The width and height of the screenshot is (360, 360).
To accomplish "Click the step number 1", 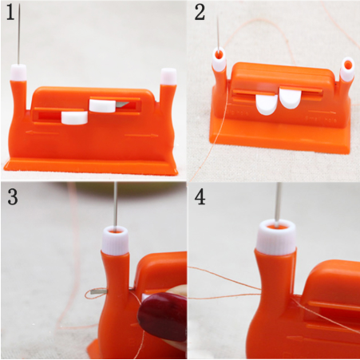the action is tap(11, 13).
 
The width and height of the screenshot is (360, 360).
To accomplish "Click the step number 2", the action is tap(200, 13).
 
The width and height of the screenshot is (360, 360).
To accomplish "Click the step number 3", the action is tap(13, 197).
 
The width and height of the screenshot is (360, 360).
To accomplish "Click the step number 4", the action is tap(200, 197).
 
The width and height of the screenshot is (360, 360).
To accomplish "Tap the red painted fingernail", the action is tap(163, 316).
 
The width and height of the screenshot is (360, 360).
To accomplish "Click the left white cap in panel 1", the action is tap(18, 73).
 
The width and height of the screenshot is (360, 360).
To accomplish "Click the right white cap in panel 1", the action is tap(168, 77).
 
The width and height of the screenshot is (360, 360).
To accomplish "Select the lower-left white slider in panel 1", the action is tap(74, 117).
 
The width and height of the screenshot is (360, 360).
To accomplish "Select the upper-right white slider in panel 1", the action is tap(102, 105).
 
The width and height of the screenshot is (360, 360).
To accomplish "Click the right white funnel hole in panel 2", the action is tap(347, 69).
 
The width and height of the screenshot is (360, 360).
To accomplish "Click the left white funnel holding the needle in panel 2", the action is tap(219, 60).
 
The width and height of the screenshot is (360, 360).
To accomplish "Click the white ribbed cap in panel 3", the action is tap(115, 241).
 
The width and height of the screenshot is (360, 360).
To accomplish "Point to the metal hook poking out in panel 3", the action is tap(99, 292).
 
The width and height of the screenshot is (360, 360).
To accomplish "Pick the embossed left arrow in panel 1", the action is tap(42, 133).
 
